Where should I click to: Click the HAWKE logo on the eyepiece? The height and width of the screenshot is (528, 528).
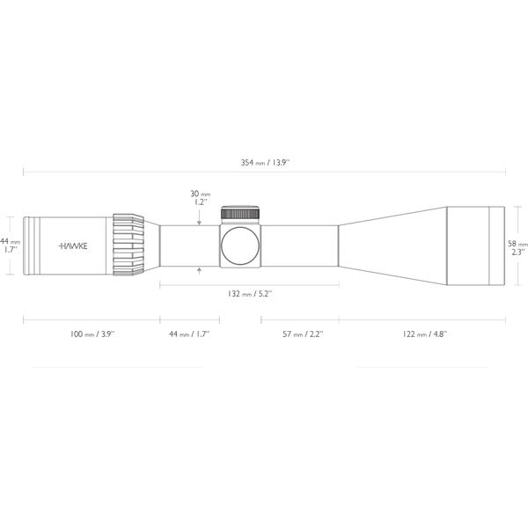tap(73, 246)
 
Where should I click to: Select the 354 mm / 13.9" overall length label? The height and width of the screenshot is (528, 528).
tap(265, 163)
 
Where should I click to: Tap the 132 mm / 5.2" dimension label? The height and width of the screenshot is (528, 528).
tap(250, 294)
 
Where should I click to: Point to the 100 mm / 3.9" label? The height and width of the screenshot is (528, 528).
tap(92, 334)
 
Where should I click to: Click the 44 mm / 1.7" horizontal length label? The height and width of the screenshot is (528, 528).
tap(189, 334)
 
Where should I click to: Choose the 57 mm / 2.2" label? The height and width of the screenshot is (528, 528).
tap(303, 334)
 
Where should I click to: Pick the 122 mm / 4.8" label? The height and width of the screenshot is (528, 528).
tap(425, 334)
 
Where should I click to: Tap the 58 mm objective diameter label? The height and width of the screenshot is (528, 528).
tap(517, 247)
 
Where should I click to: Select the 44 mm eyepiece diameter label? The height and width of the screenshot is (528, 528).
tap(10, 246)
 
